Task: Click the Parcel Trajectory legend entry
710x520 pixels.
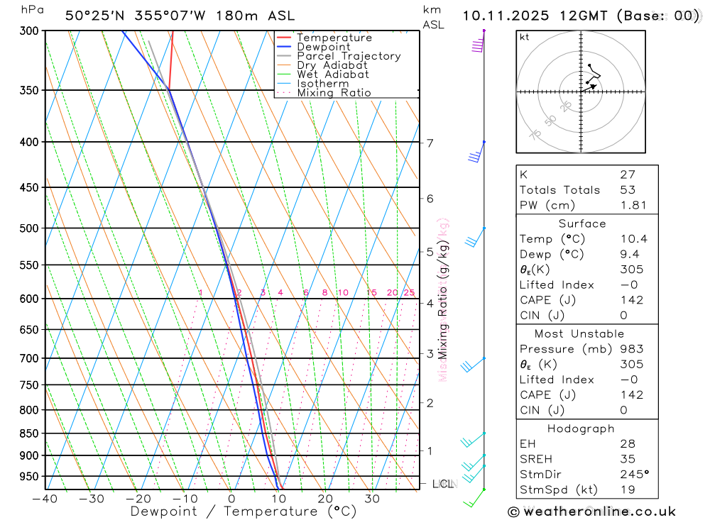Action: (x=349, y=56)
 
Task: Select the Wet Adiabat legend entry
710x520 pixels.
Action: (x=333, y=74)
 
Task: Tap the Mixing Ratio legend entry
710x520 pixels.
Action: (x=334, y=93)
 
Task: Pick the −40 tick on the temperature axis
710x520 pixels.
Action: (x=45, y=499)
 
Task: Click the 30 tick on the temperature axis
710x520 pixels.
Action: (x=372, y=499)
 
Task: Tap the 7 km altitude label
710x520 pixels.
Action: (x=430, y=143)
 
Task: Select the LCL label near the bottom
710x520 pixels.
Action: (x=443, y=485)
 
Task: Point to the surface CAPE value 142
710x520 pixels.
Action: (x=631, y=300)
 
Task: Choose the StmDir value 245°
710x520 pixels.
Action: (x=633, y=475)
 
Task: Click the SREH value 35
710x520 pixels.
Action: (x=627, y=459)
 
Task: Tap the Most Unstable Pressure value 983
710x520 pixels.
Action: (x=631, y=349)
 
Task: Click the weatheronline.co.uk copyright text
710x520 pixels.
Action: (x=591, y=511)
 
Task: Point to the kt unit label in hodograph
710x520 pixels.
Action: (x=525, y=37)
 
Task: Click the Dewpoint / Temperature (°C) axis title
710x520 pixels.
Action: (x=244, y=511)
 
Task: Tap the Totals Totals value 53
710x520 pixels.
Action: (x=627, y=190)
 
